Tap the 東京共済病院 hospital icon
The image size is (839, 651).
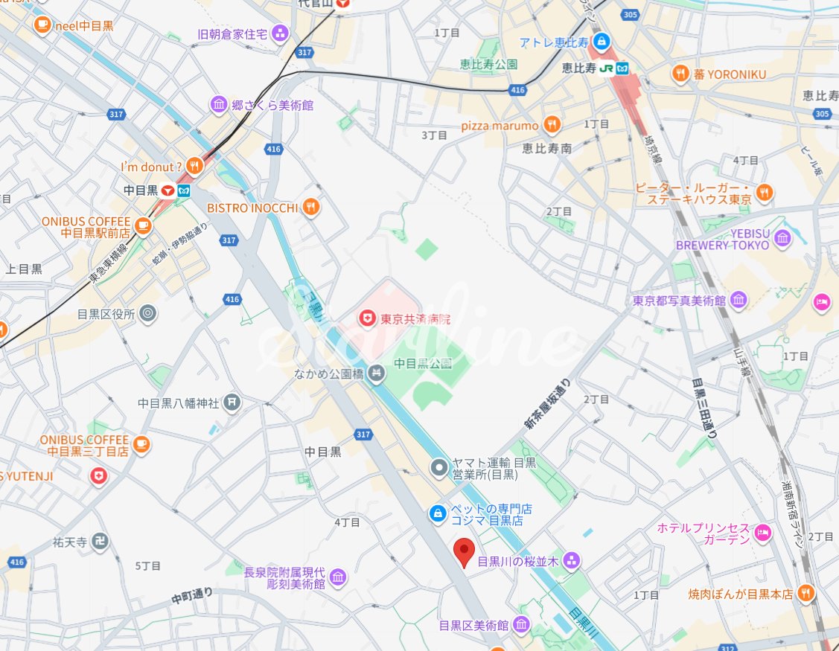coord(366,319)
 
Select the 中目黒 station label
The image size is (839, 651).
coord(140,190)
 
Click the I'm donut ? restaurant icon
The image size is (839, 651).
coord(194,166)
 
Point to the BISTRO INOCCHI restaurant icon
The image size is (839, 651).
coord(311,208)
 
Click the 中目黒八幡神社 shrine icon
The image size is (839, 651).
coord(232,403)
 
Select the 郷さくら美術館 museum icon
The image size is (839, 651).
coord(218,105)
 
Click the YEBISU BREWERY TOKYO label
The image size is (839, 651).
coord(722,239)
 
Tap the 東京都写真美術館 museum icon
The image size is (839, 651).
coord(738,301)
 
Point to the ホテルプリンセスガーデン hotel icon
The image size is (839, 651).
coord(762,533)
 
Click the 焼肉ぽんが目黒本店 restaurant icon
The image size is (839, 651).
coord(805,594)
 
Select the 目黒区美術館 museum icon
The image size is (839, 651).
coord(521,624)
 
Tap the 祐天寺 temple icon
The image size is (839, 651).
coord(102,541)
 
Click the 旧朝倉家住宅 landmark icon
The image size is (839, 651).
coord(280,33)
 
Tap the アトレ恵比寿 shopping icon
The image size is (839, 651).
coord(602,42)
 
